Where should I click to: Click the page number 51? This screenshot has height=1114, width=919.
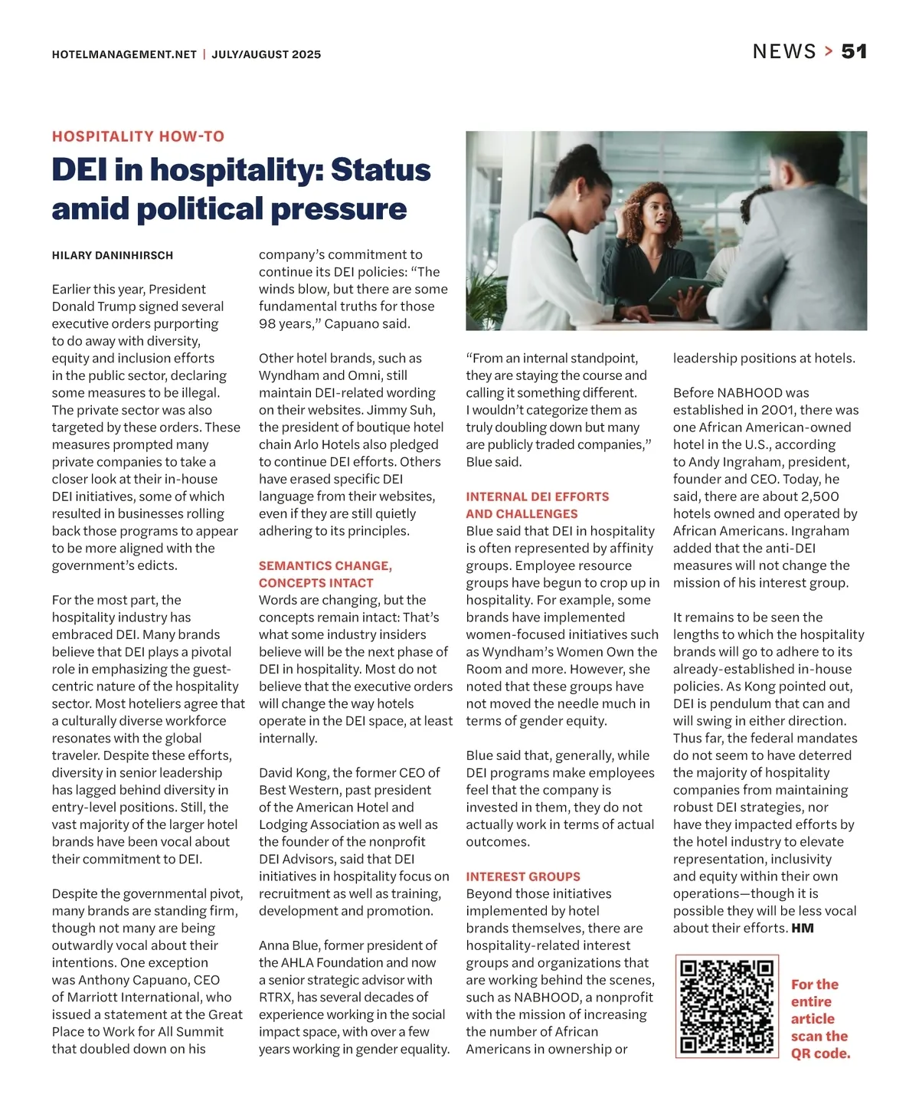pos(854,51)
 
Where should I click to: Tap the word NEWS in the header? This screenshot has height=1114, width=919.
pos(784,51)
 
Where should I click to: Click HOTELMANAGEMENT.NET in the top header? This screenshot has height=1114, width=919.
pos(124,54)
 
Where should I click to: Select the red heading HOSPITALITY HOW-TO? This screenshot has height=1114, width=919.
pos(138,136)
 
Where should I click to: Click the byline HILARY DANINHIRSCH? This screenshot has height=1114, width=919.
pos(113,255)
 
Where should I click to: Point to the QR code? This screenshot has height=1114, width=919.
pos(727,1006)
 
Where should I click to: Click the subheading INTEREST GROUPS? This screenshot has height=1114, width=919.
pos(523,876)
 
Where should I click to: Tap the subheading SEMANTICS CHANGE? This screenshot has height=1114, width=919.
pos(325,565)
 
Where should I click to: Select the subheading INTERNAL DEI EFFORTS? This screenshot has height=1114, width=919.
pos(538,496)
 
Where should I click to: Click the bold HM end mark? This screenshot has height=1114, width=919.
pos(803,929)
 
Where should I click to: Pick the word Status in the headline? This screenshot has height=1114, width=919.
pos(381,170)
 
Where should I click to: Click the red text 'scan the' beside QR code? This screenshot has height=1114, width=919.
pos(819,1036)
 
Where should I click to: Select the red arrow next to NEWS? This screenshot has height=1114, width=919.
pos(829,51)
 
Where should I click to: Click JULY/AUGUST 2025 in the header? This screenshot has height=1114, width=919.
pos(267,54)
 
